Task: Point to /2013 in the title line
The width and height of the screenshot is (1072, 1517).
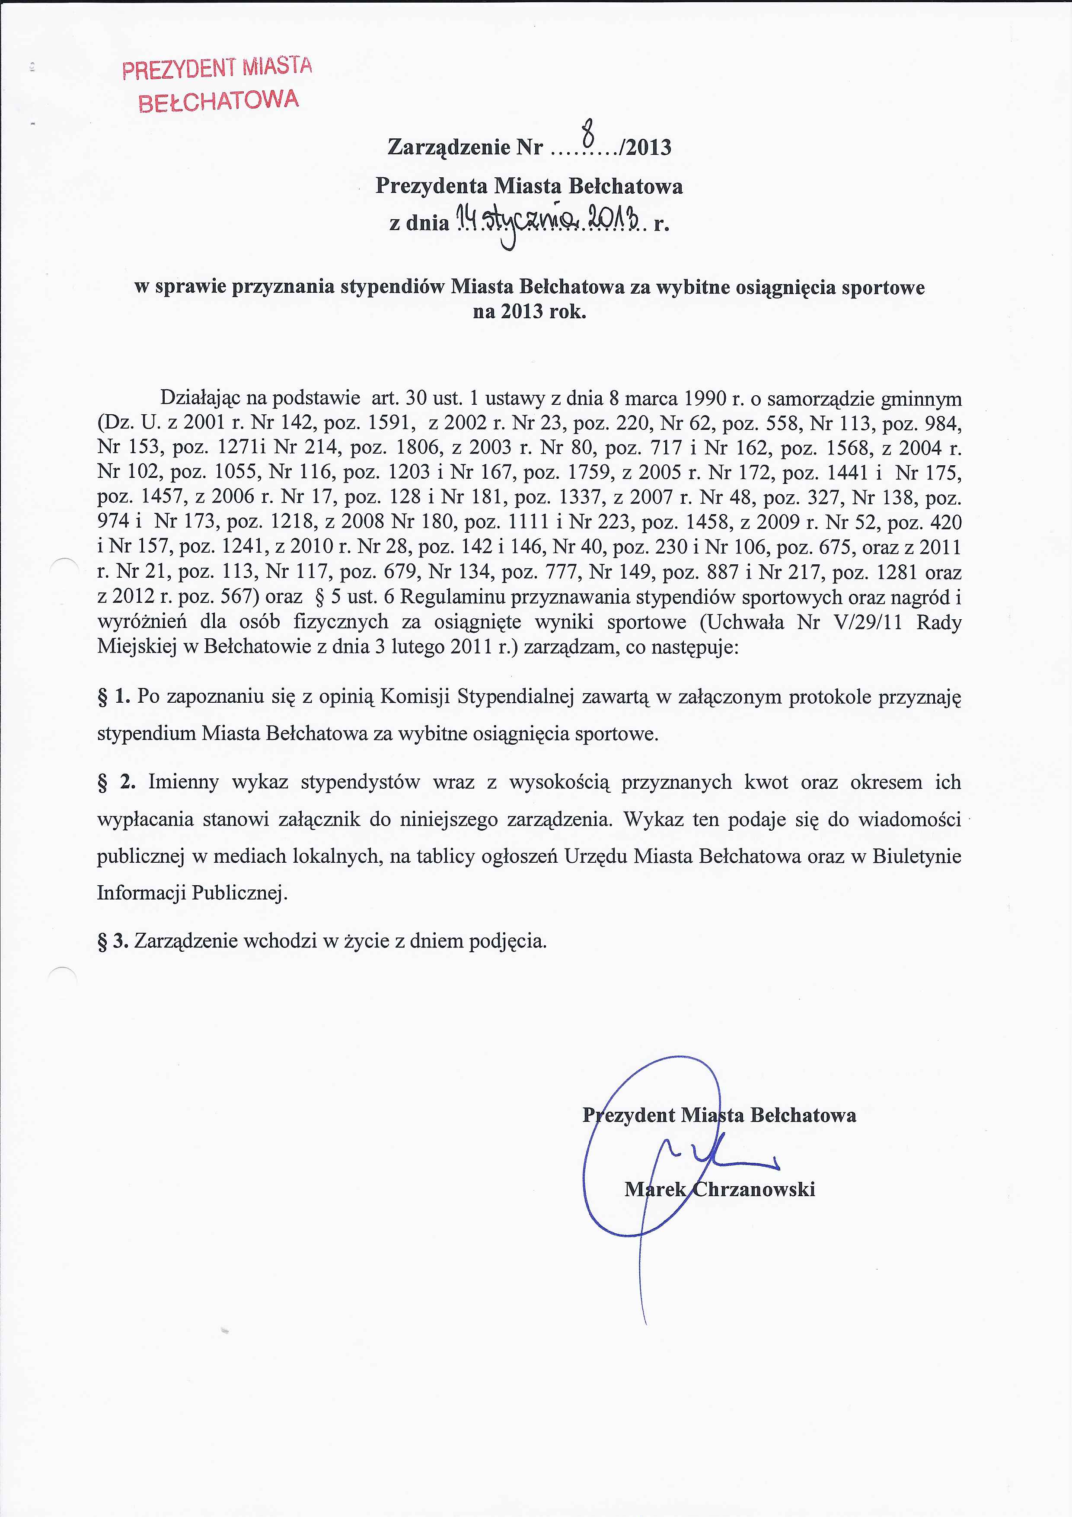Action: (x=644, y=147)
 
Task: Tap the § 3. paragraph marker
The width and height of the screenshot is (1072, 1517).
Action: (x=113, y=941)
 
